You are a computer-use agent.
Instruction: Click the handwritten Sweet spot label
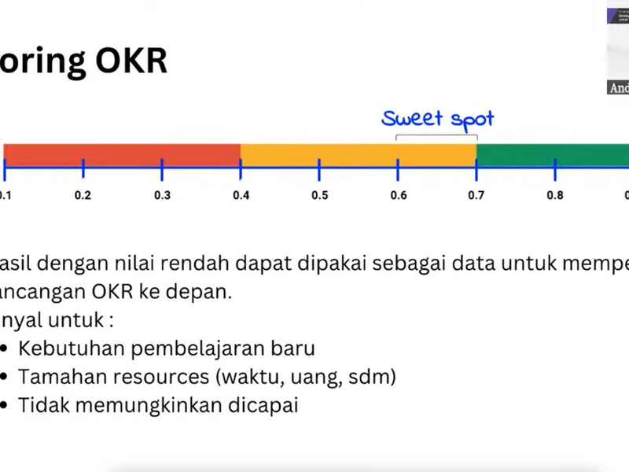pos(438,119)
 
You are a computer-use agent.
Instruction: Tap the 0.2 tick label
pos(83,195)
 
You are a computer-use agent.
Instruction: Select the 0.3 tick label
pos(162,195)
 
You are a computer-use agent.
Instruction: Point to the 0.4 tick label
pos(241,195)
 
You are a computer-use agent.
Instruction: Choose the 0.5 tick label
pos(319,195)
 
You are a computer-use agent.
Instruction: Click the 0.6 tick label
pos(398,195)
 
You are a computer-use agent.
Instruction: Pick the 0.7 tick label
pos(476,195)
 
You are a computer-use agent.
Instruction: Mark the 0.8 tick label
pos(555,195)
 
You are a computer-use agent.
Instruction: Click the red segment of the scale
pos(122,154)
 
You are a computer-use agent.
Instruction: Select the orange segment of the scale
pos(358,154)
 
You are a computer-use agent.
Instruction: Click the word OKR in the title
pos(133,61)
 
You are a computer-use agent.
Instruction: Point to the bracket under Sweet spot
pos(436,137)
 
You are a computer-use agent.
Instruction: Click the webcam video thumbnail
pos(618,47)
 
